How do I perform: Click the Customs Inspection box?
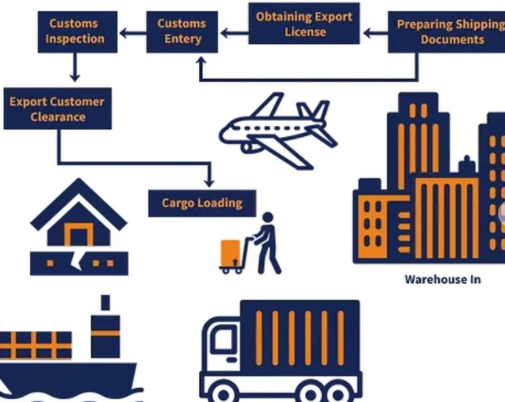[x=75, y=31]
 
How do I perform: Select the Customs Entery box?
[x=182, y=31]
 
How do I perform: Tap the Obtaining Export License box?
[x=304, y=24]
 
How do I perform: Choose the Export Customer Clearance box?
[x=57, y=109]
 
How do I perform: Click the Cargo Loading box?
[x=202, y=203]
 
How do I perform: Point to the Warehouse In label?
[x=442, y=280]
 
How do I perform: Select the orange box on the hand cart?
[x=230, y=252]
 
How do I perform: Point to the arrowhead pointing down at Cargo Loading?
[x=209, y=182]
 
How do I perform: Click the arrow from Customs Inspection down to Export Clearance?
[x=75, y=67]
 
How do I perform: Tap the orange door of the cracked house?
[x=76, y=234]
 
